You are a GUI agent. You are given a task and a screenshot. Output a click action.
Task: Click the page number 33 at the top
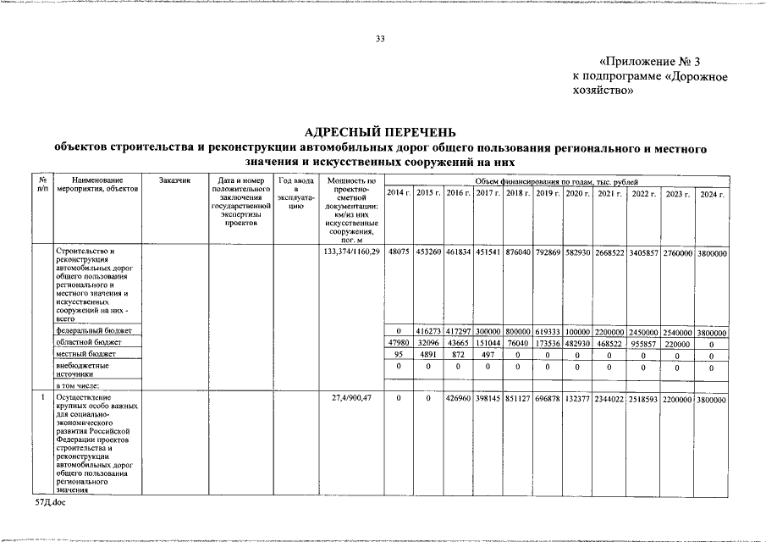pyautogui.click(x=380, y=39)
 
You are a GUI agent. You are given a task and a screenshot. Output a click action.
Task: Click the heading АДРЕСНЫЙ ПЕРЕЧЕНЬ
pyautogui.click(x=379, y=132)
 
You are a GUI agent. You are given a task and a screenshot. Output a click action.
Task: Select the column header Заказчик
pyautogui.click(x=176, y=180)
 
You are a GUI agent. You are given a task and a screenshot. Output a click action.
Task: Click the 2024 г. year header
pyautogui.click(x=710, y=194)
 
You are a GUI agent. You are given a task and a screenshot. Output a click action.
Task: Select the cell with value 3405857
pyautogui.click(x=646, y=252)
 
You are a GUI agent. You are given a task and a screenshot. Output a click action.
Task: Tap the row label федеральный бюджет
pyautogui.click(x=93, y=329)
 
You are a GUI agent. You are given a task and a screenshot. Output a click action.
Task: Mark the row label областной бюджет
pyautogui.click(x=89, y=341)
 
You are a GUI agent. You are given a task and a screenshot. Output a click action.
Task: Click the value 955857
pyautogui.click(x=646, y=341)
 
